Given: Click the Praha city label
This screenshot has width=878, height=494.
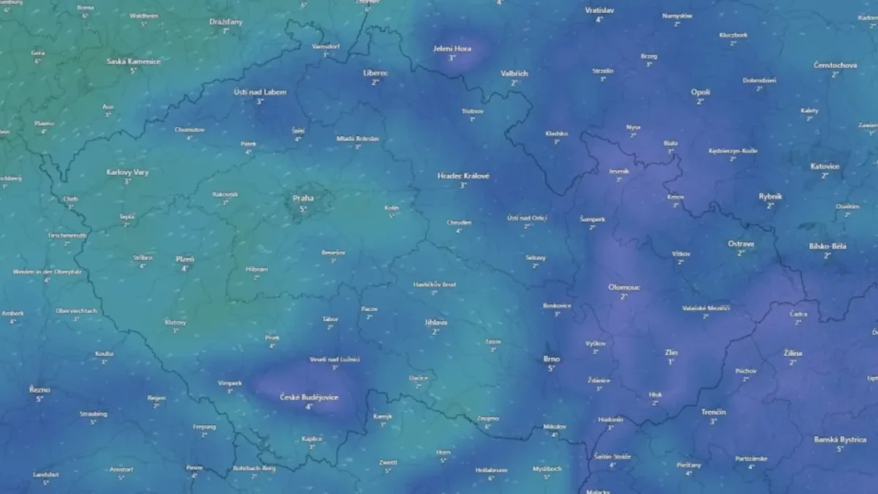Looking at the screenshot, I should (303, 198).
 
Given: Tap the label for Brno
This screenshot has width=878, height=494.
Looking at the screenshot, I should (552, 359).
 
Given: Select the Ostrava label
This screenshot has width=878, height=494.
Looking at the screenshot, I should (740, 244).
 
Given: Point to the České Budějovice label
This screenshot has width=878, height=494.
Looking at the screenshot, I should (309, 397).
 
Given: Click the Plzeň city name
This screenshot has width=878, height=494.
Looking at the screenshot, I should (184, 259).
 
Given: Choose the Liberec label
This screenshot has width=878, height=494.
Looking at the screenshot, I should (375, 73).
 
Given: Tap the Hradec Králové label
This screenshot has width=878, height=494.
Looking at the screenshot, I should (463, 176).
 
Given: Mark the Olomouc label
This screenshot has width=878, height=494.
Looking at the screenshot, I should (624, 287).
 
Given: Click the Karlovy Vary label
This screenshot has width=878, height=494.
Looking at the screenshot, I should (127, 172).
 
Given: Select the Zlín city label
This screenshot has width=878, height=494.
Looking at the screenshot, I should (671, 352).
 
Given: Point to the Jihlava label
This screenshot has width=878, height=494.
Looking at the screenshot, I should (435, 322).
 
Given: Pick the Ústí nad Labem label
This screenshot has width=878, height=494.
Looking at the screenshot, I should (260, 92).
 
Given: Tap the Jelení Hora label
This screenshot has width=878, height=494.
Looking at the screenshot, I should (452, 49).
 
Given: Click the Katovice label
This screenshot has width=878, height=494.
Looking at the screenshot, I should (825, 166).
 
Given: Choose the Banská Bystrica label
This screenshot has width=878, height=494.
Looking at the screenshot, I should (839, 440).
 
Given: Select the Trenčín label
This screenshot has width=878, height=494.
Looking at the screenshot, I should (713, 412).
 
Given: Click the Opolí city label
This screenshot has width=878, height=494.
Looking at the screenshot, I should (700, 92).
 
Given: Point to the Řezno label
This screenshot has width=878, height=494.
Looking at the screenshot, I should (40, 389).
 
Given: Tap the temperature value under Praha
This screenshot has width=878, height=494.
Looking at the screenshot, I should (303, 209).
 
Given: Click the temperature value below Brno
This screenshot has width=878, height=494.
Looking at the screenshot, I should (552, 368).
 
